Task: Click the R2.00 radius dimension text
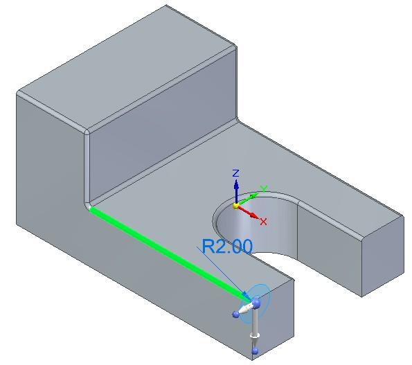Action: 227,247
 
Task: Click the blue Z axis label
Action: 236,173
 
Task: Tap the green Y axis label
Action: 264,188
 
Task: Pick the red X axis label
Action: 263,222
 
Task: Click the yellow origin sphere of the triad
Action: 235,206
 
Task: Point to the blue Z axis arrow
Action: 236,191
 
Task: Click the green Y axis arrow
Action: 247,199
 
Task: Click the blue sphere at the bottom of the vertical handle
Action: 255,351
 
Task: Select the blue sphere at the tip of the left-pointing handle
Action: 235,314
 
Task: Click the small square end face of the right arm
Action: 383,256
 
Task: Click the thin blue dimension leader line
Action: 222,271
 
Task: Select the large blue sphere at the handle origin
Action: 256,303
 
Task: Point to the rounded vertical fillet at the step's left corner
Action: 87,168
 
